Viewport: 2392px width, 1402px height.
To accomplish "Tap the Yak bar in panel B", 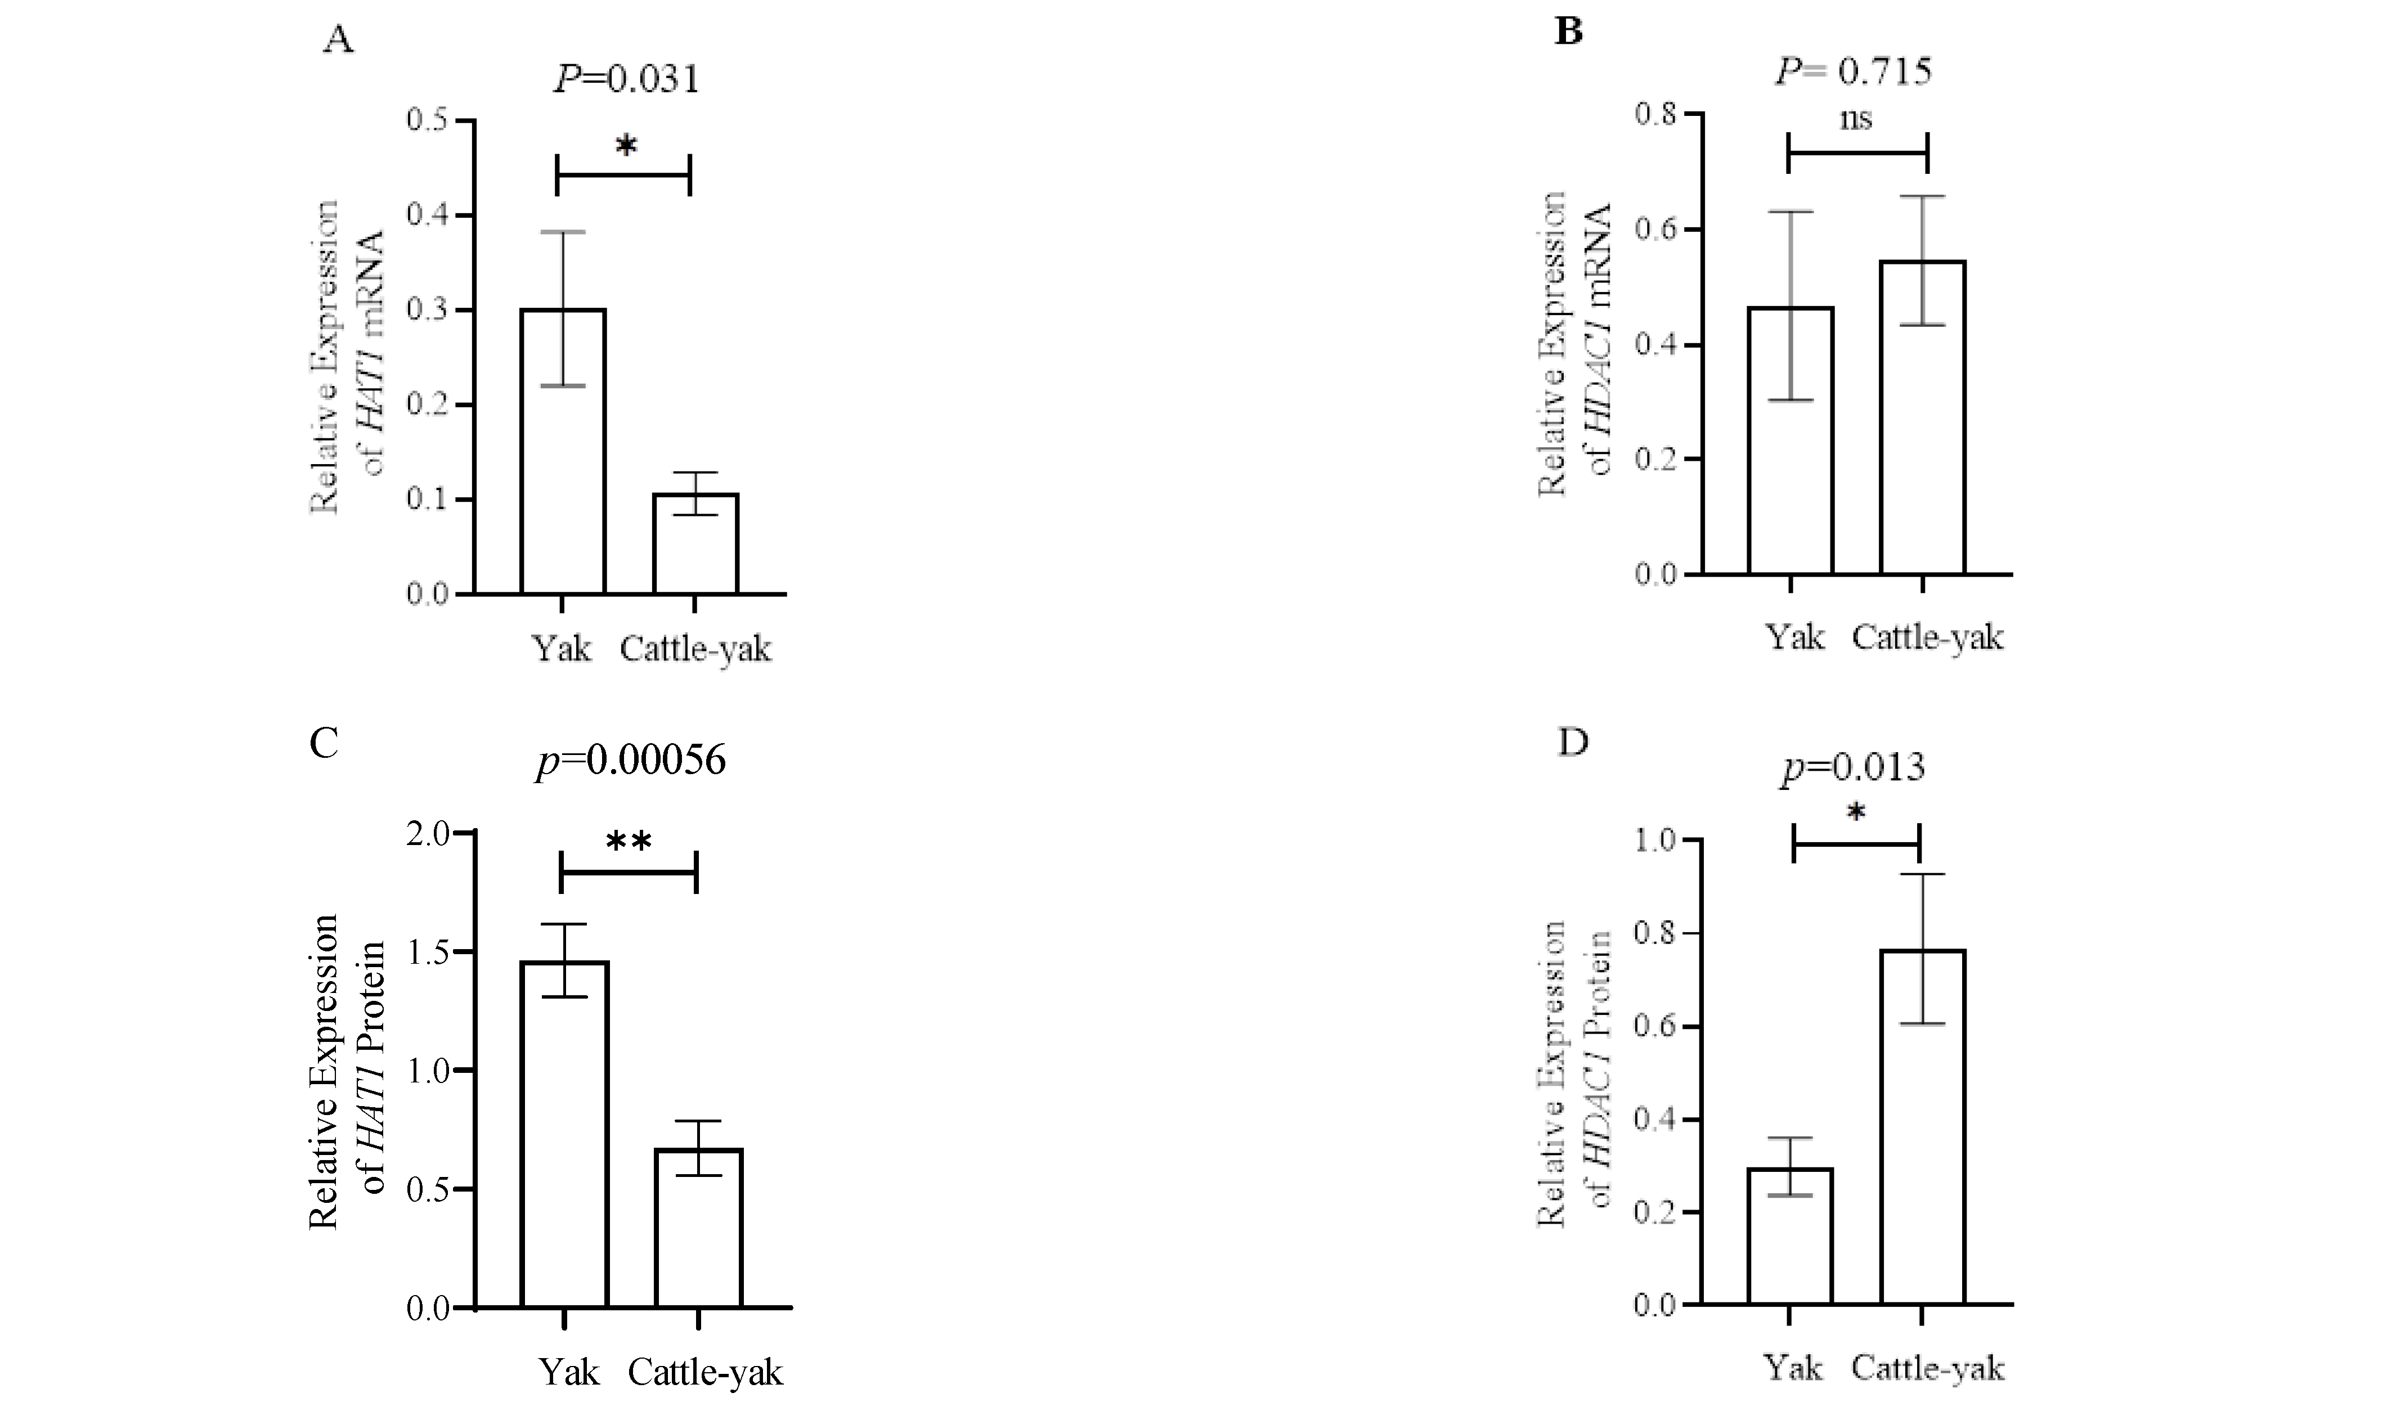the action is click(1790, 441).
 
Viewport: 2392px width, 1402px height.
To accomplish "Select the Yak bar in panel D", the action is click(1790, 1236).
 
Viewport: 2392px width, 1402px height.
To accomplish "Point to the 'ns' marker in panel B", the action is click(1857, 120).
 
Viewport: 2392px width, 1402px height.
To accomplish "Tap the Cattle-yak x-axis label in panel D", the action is click(1928, 1368).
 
